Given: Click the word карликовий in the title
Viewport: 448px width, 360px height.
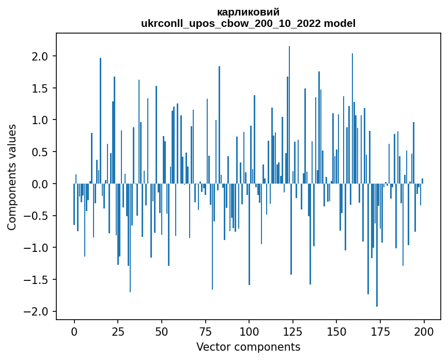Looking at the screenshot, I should (248, 12).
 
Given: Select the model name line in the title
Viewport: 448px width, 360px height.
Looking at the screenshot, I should (248, 23).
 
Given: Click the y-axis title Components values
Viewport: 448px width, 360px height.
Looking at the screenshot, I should (12, 177).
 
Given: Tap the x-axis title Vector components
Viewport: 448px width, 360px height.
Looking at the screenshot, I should (248, 347).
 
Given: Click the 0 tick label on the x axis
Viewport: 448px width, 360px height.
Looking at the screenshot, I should (74, 331).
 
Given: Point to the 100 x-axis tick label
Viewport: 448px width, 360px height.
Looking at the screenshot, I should (249, 331).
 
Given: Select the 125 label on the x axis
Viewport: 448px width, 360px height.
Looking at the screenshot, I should (292, 331).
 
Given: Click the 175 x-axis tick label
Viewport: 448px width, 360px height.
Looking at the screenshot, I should (380, 331).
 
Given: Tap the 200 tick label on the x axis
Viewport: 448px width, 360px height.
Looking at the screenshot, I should (424, 331).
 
